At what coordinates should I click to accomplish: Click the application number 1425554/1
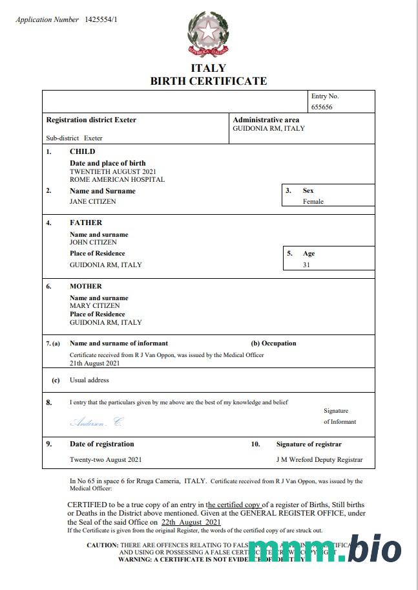101,20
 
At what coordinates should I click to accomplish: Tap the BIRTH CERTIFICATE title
208,81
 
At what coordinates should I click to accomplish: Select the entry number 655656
322,107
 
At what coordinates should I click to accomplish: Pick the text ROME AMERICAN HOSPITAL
117,179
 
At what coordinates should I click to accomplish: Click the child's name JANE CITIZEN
93,201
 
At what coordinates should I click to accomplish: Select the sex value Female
313,201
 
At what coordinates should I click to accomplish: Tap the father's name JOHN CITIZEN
93,242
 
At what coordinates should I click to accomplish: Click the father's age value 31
307,265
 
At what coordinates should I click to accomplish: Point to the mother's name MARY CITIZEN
94,305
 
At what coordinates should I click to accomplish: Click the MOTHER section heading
86,286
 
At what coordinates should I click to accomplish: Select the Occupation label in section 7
273,344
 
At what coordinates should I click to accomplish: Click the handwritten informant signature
96,422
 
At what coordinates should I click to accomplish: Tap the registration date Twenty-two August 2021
105,459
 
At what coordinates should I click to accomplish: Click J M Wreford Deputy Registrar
319,459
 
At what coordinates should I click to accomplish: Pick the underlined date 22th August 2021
191,521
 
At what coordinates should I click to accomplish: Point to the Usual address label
89,380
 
